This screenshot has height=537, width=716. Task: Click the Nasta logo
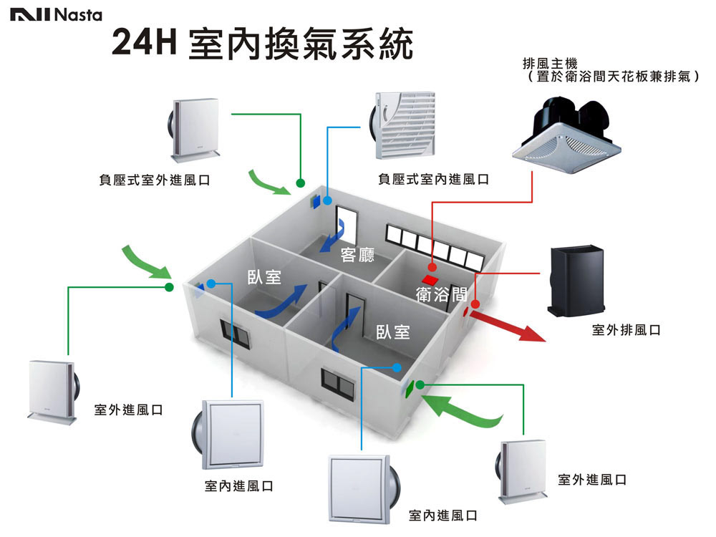[56, 15]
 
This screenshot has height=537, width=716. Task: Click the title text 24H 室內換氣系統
[263, 44]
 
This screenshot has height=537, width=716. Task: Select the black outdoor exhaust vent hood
[576, 281]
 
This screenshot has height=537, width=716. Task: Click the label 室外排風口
[626, 329]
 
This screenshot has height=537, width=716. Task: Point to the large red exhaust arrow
[508, 326]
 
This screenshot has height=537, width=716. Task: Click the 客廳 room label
[357, 254]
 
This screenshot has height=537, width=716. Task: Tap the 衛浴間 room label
[442, 294]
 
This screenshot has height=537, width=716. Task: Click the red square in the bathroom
[430, 279]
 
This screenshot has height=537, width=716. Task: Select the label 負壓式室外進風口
[155, 180]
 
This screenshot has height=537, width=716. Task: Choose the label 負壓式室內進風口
[434, 179]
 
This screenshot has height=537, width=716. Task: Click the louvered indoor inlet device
[402, 125]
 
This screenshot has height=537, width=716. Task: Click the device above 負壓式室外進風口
[193, 130]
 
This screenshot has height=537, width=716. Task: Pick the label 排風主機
[550, 64]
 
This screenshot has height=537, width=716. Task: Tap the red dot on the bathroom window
[475, 304]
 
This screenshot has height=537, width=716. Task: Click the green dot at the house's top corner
[301, 183]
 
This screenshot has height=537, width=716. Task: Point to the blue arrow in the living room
[332, 236]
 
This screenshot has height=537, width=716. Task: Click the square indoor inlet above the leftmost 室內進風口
[228, 435]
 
